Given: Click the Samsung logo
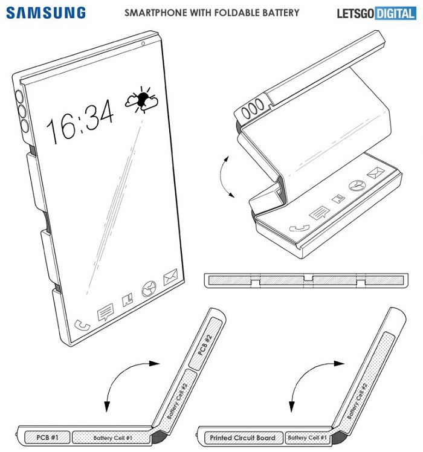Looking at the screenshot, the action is (46, 13).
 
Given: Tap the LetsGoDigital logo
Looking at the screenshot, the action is (376, 13).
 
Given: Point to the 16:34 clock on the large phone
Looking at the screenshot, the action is (80, 121).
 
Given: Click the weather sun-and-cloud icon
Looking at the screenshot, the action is (142, 100).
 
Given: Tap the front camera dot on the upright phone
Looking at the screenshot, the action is (143, 44).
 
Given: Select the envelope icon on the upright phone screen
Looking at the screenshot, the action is (170, 277).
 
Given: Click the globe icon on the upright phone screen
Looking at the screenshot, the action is (149, 289).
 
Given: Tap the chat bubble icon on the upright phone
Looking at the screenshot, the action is (105, 312).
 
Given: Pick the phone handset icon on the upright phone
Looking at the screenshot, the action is (82, 325).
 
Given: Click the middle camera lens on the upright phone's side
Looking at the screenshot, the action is (22, 111).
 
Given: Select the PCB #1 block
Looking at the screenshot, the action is (47, 437).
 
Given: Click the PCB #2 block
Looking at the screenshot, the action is (205, 344).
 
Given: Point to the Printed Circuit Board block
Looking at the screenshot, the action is (244, 438).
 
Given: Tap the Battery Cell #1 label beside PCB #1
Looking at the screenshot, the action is (112, 438).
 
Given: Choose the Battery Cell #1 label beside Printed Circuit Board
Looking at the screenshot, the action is (307, 438).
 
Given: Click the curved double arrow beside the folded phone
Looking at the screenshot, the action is (221, 176).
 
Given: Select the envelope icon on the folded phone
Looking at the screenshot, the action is (376, 173).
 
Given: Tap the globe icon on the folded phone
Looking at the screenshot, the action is (357, 186).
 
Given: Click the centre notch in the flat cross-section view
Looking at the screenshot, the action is (308, 278).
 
